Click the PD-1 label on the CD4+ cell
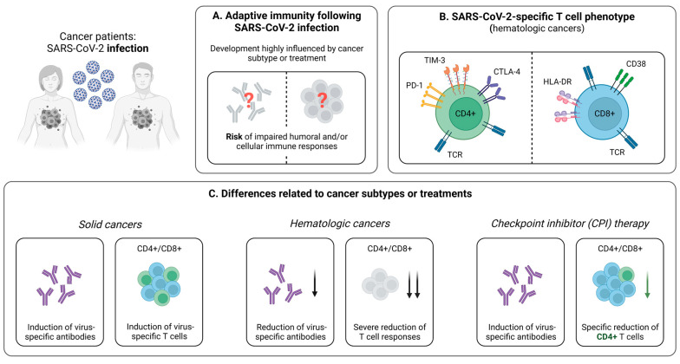(415, 85)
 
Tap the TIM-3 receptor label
(435, 61)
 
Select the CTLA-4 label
(507, 71)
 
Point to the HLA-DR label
(557, 81)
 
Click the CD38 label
(636, 64)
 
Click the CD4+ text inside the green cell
(465, 114)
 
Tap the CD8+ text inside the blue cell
(605, 114)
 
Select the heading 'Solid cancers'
(110, 224)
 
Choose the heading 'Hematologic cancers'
(340, 224)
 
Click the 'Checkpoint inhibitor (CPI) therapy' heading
(570, 224)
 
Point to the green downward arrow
(647, 284)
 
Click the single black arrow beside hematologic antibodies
(315, 283)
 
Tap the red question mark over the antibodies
(249, 101)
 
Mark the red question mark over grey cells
(322, 101)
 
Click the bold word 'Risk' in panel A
(234, 137)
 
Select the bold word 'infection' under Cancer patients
(127, 49)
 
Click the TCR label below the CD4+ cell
(454, 154)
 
